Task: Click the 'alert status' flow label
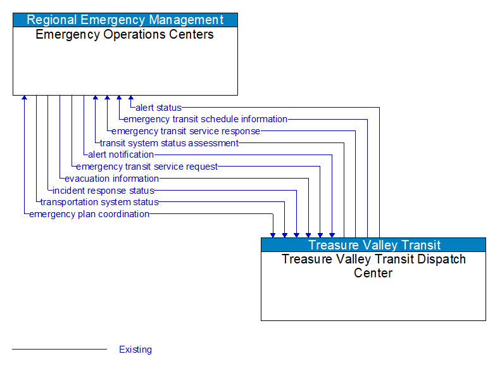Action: click(x=158, y=108)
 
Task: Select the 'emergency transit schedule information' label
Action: click(x=205, y=119)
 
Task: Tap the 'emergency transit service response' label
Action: click(x=185, y=131)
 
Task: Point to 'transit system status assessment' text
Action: click(x=169, y=143)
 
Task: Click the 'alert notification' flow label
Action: click(x=121, y=155)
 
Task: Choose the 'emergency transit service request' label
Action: click(x=147, y=167)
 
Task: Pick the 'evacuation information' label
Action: click(x=111, y=179)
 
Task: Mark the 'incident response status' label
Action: click(x=103, y=191)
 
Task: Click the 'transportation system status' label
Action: click(x=99, y=202)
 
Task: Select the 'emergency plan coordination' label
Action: click(x=89, y=214)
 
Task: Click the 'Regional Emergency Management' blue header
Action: click(x=125, y=20)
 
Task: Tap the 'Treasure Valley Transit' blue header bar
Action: click(x=373, y=244)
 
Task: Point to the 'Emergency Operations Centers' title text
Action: click(x=125, y=35)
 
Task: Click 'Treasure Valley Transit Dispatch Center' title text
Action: click(x=373, y=266)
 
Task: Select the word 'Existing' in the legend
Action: click(x=135, y=350)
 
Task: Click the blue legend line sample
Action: click(x=60, y=350)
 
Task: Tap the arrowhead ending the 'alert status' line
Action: click(x=131, y=98)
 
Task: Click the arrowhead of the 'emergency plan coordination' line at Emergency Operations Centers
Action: click(x=25, y=98)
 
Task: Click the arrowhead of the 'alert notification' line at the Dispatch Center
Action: click(x=332, y=234)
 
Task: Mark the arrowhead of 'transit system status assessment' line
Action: click(x=96, y=98)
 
